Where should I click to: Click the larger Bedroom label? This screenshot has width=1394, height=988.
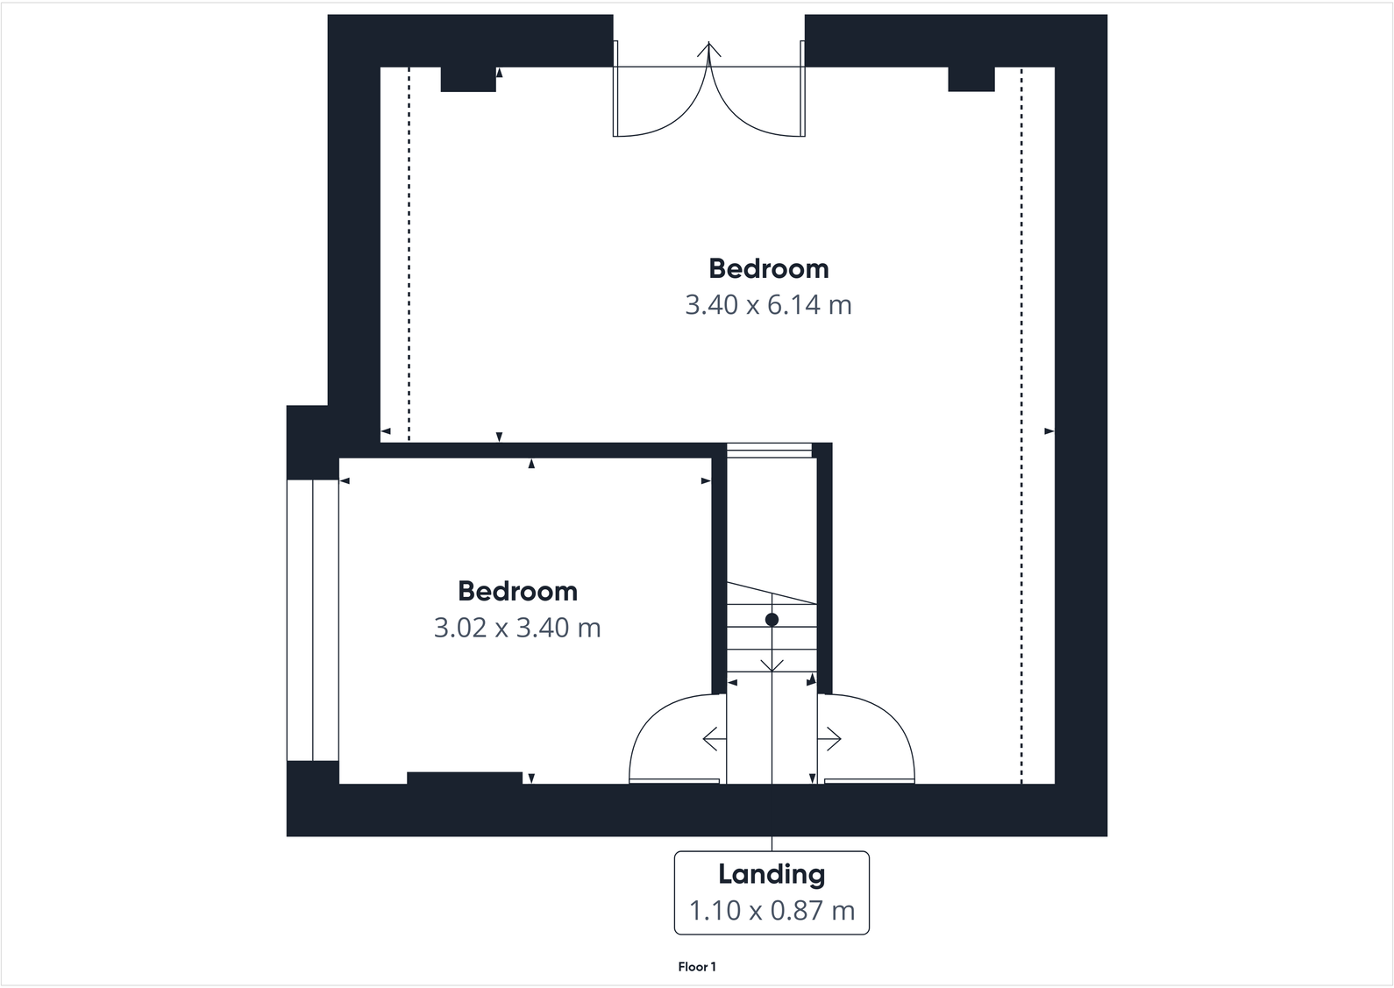[x=768, y=268]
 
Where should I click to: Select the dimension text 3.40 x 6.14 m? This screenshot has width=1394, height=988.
[x=768, y=305]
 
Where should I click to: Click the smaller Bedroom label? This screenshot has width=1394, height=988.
[x=517, y=591]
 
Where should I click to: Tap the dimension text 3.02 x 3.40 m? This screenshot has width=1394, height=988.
[x=517, y=628]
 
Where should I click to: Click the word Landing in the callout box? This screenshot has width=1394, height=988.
[x=772, y=874]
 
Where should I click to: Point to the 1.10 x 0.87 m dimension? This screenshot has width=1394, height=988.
[x=772, y=911]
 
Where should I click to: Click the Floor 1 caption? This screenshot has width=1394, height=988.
[x=697, y=967]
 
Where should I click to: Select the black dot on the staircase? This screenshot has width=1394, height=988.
[x=772, y=620]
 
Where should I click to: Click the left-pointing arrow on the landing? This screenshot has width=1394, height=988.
[x=714, y=739]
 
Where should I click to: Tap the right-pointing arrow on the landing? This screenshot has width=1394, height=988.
[x=830, y=739]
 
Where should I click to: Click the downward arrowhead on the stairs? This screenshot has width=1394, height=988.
[x=772, y=665]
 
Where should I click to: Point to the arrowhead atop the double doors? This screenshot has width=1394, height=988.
[x=708, y=49]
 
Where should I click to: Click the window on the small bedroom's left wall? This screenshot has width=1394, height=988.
[x=312, y=620]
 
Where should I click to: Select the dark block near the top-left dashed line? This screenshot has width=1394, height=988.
[x=468, y=79]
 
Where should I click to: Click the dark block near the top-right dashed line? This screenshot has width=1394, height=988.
[x=971, y=79]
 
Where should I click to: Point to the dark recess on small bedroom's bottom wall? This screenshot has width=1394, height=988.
[x=465, y=778]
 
